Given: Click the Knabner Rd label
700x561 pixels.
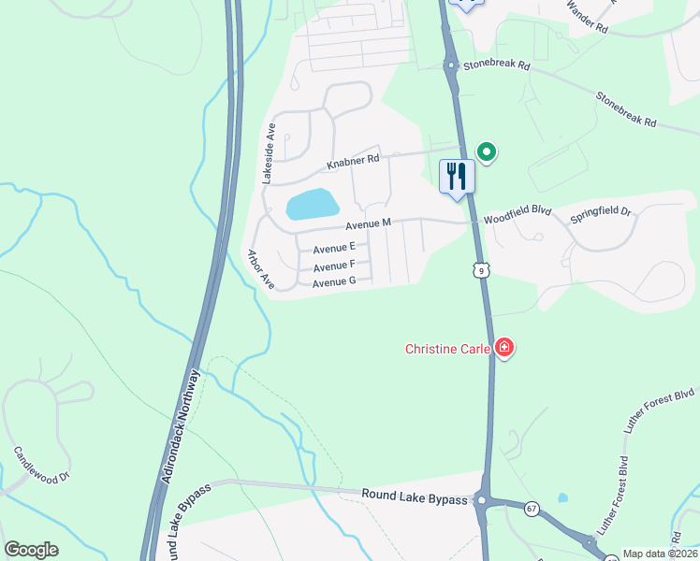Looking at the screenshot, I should click(x=352, y=162).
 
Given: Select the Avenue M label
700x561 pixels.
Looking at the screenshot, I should click(x=367, y=224).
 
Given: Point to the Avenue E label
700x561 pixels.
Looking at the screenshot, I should click(x=334, y=249).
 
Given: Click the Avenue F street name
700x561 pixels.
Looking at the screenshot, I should click(x=334, y=266).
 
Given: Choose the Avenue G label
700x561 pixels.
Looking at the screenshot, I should click(x=334, y=282).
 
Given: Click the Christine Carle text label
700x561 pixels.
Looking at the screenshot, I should click(x=448, y=350).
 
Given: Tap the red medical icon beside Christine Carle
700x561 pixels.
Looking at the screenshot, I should click(x=504, y=349).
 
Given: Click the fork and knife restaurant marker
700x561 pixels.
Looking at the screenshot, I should click(x=458, y=176).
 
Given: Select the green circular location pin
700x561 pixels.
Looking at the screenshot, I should click(x=486, y=151).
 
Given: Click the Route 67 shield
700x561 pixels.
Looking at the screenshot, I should click(x=531, y=508).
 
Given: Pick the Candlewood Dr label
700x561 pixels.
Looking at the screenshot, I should click(x=42, y=465).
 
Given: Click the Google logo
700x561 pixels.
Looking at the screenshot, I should click(x=31, y=550).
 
